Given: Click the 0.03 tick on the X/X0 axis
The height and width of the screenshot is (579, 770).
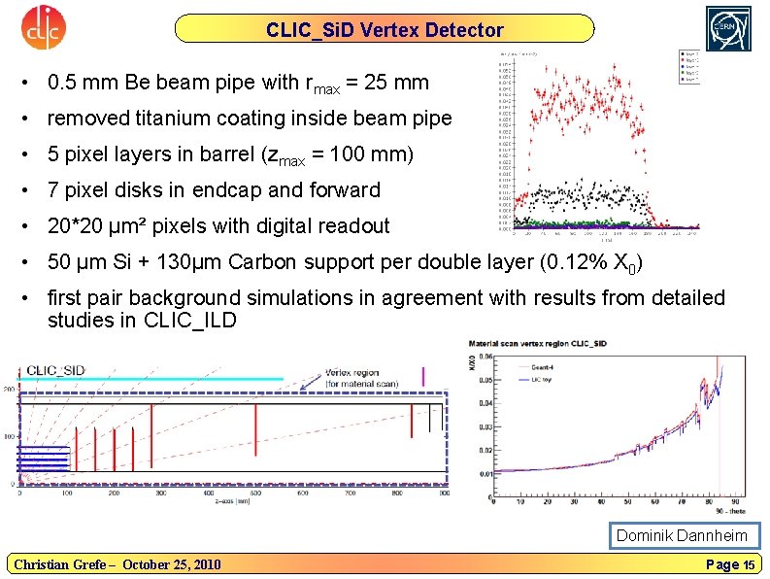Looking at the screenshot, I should click(485, 426).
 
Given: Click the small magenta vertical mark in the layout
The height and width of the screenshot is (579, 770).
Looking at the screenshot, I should click(423, 375).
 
